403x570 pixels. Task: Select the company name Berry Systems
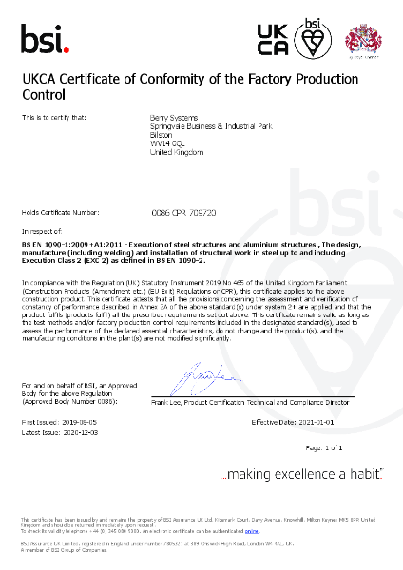coord(171,117)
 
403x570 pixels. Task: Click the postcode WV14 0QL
coord(167,142)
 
